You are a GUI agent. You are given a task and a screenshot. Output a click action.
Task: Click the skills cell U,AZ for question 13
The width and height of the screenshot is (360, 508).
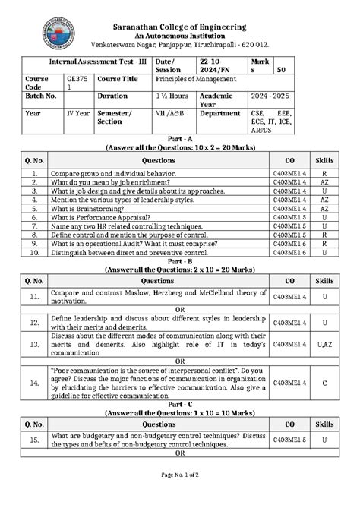tap(324, 344)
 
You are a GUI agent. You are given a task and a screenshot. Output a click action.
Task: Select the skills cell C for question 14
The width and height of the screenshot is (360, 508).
tap(324, 384)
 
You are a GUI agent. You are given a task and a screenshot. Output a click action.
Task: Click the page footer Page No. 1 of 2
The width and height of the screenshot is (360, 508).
tap(180, 496)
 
